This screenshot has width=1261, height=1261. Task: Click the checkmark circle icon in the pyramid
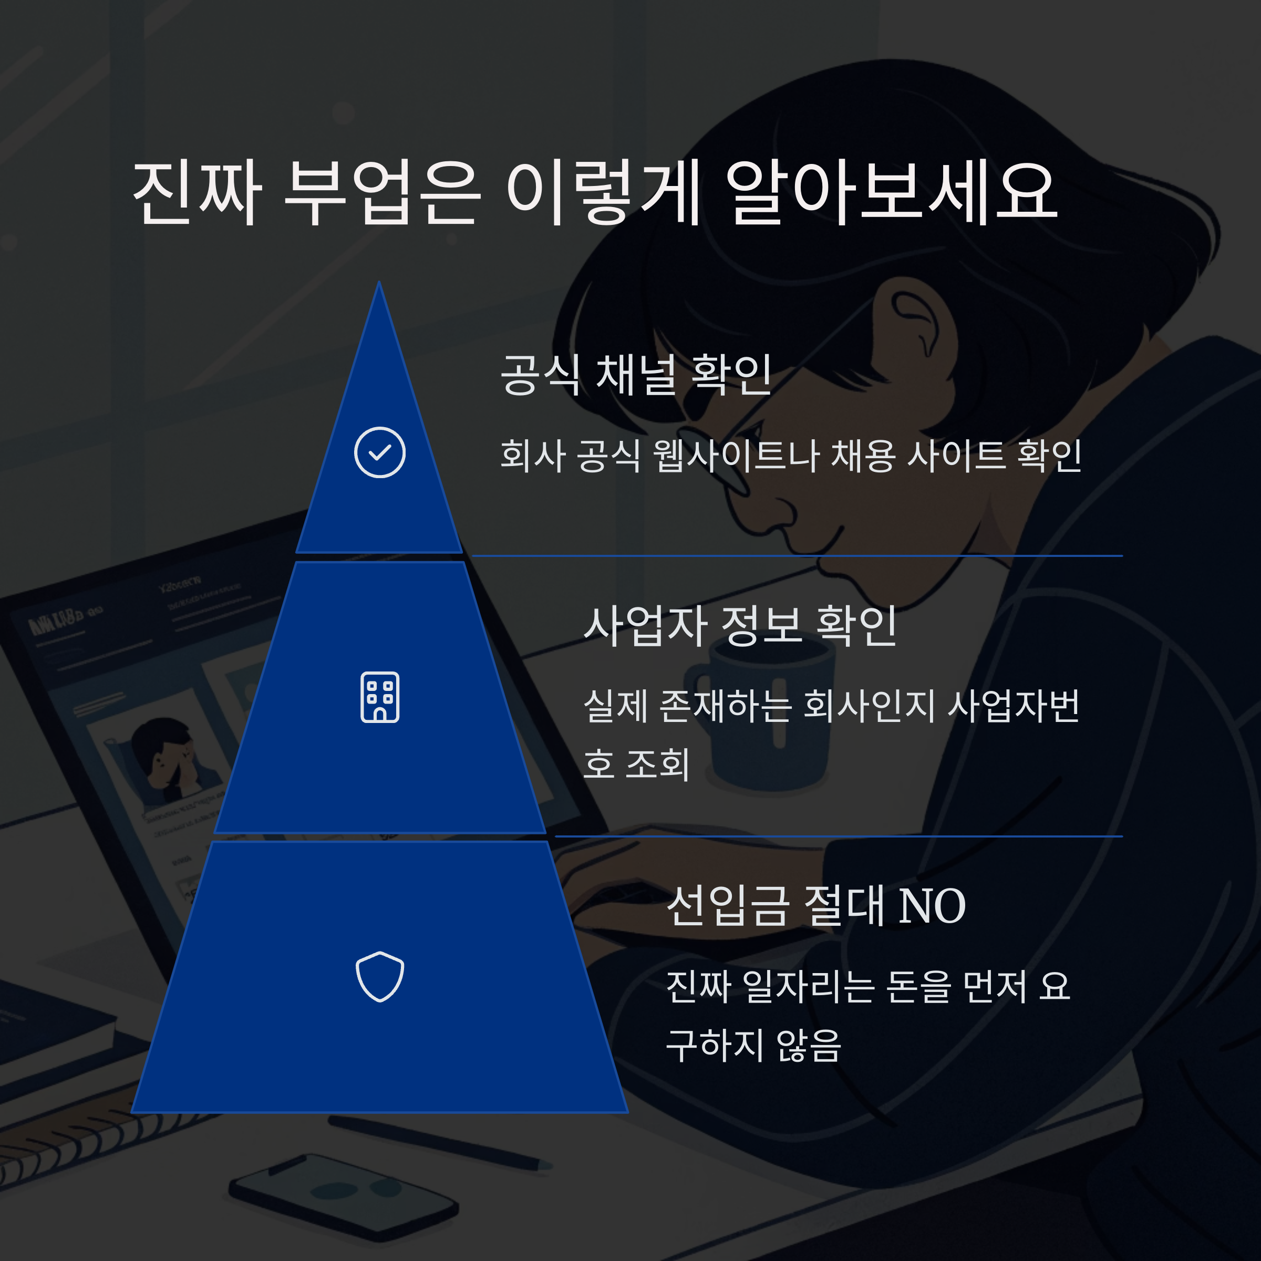click(x=380, y=452)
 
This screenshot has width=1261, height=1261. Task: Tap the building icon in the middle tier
click(x=380, y=697)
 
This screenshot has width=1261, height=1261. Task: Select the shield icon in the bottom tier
click(x=380, y=976)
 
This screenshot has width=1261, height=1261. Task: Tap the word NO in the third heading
click(x=932, y=906)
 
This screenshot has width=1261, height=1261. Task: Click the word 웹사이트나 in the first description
click(x=736, y=456)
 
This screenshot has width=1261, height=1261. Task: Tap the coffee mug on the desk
click(x=763, y=725)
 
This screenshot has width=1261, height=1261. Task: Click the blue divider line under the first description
click(x=797, y=555)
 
